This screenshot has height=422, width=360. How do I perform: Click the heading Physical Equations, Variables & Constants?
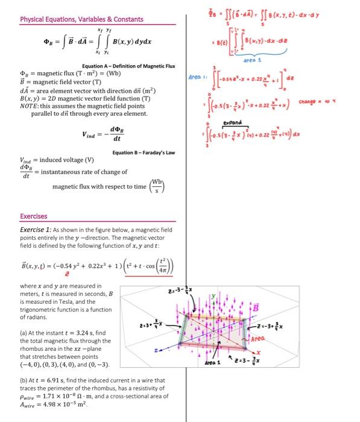click(81, 19)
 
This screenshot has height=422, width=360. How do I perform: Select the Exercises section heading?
click(34, 215)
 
